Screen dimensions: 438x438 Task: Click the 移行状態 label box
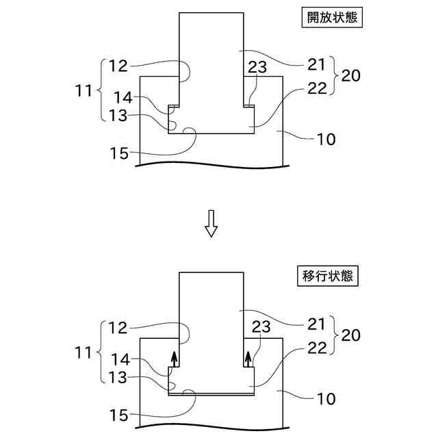331,277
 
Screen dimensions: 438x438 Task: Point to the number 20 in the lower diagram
350,336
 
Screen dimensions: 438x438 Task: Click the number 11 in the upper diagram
85,90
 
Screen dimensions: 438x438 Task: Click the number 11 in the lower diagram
85,354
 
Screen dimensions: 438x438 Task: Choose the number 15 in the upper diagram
119,154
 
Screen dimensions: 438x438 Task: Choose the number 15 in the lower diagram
119,415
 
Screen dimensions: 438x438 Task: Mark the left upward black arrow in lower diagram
175,359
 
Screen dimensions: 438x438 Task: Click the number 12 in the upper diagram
118,66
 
